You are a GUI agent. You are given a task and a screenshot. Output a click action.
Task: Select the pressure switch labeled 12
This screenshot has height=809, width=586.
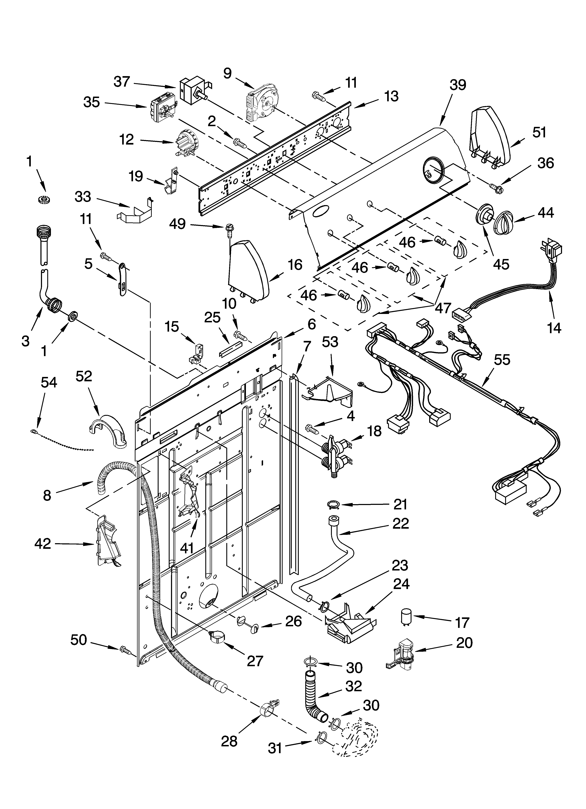tap(184, 143)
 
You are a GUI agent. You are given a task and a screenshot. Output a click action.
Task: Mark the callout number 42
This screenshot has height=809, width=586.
tap(43, 544)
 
